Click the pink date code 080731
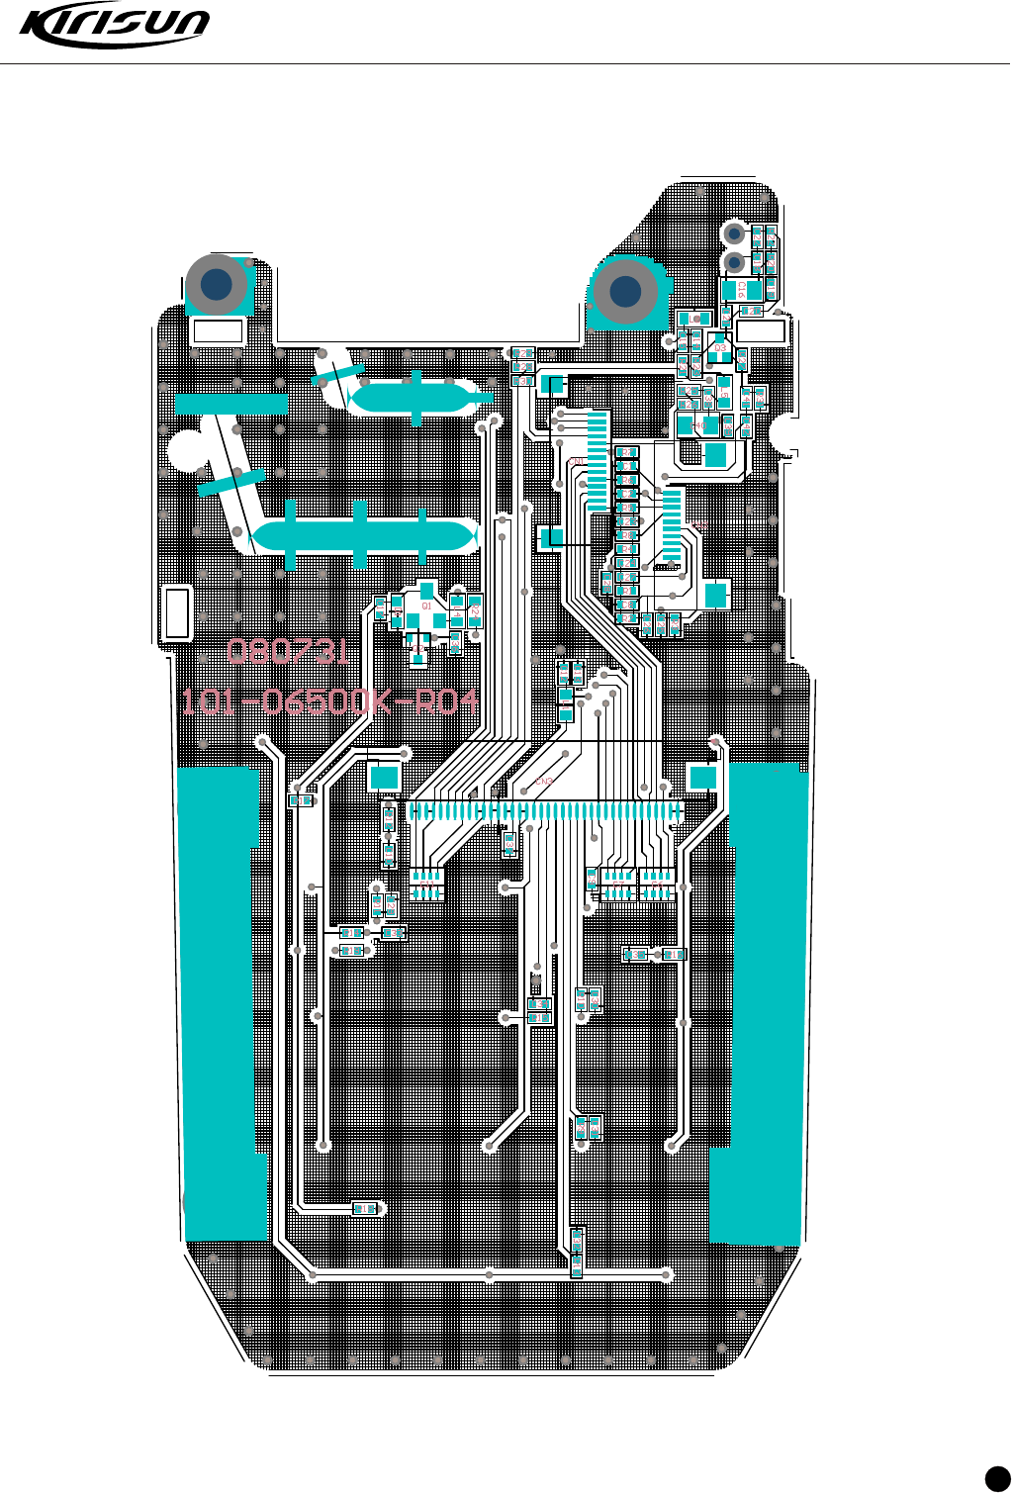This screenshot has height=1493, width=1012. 288,652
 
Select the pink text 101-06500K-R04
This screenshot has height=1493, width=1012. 329,702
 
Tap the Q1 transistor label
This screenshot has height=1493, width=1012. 426,606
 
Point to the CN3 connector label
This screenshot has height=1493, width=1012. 543,782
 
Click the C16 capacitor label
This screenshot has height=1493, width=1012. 741,289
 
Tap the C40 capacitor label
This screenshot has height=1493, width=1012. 697,425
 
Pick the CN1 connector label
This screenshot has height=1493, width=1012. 577,462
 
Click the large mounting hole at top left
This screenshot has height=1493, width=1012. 217,285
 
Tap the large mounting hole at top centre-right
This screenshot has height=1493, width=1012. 625,292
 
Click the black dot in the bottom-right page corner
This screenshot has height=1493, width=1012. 996,1477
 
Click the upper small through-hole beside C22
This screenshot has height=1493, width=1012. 734,233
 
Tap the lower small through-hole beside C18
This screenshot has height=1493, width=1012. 734,262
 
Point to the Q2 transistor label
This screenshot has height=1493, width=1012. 419,649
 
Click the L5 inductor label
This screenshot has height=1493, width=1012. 724,394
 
